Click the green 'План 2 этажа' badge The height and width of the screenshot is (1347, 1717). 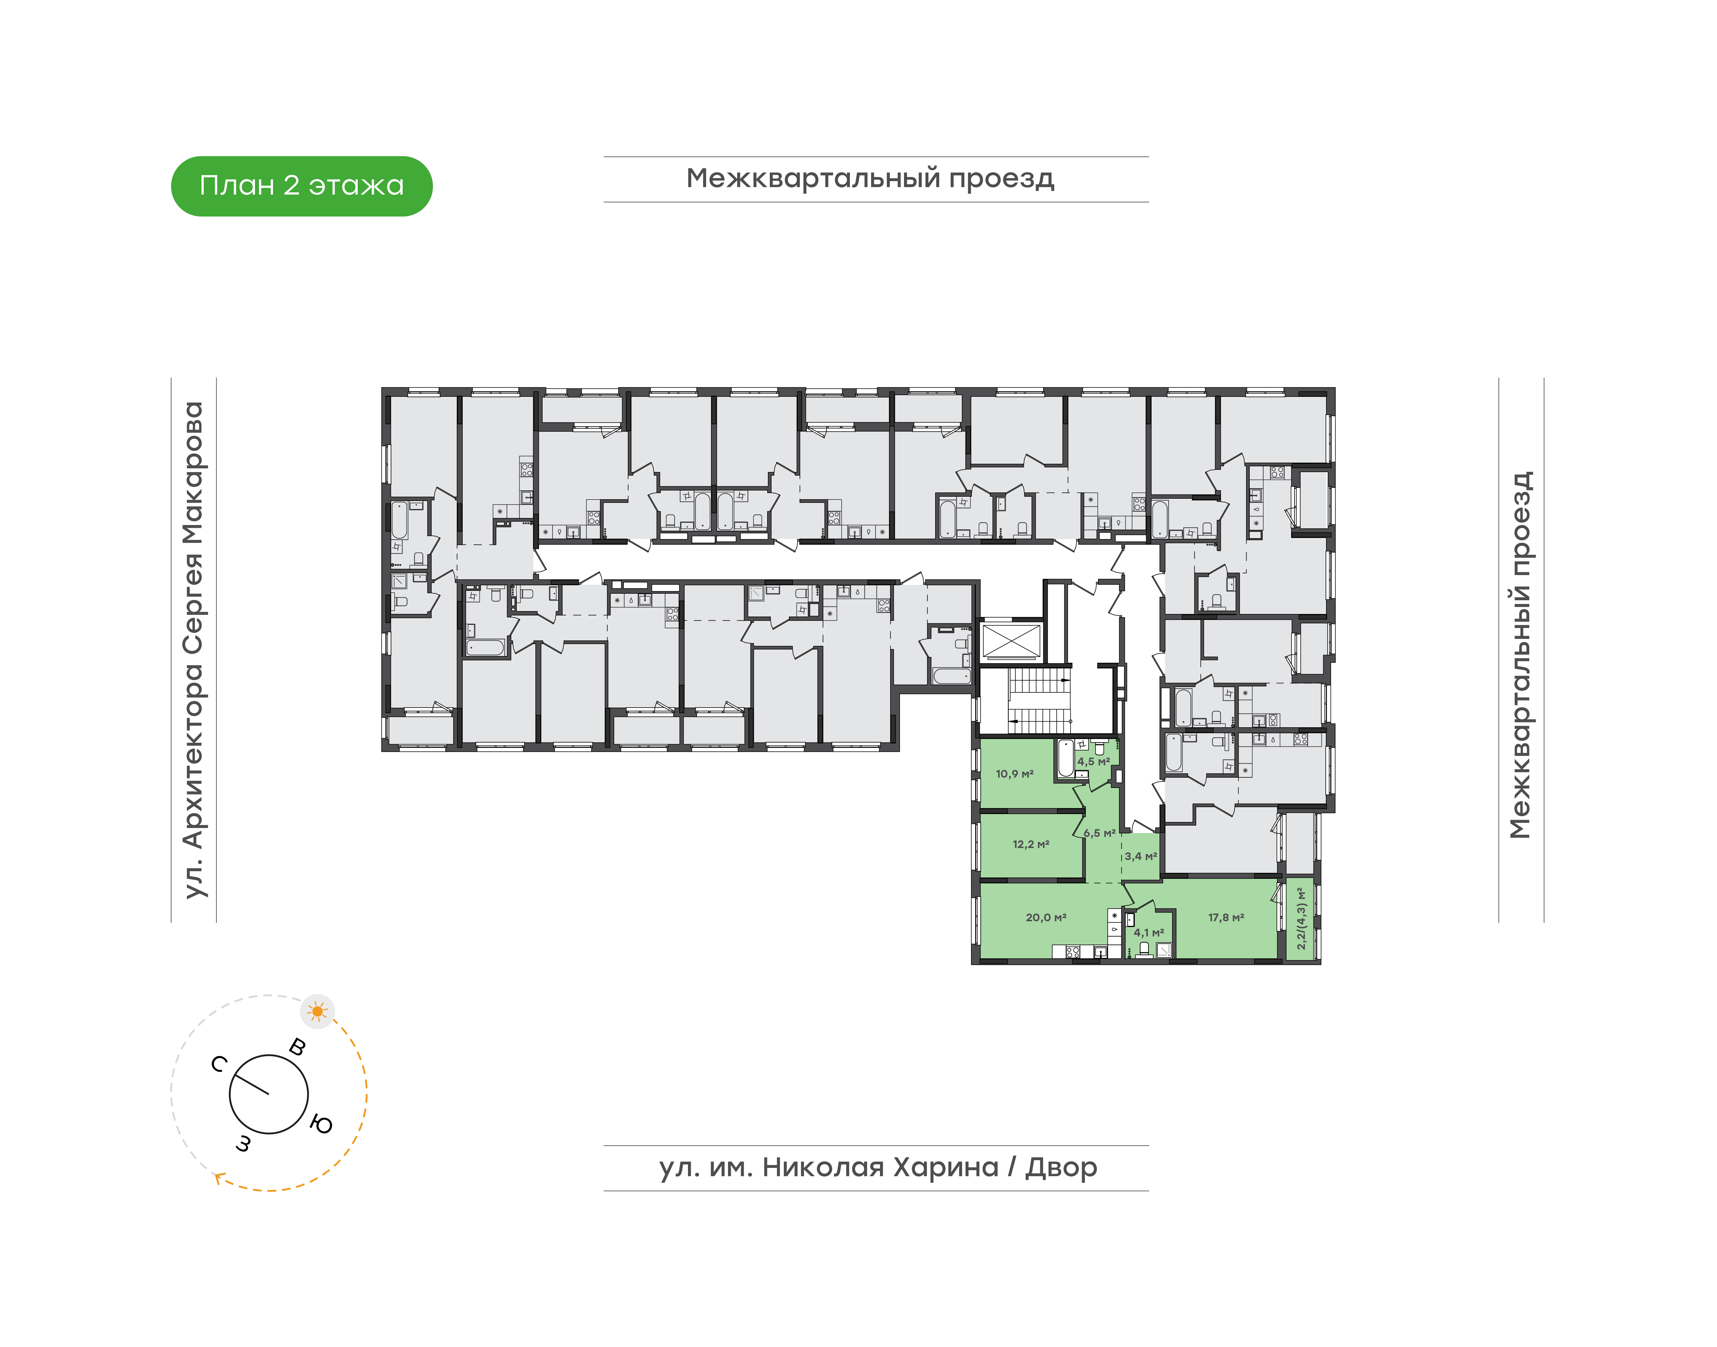(301, 186)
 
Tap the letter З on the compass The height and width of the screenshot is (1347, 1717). (244, 1144)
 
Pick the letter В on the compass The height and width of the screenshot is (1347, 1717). (297, 1047)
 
